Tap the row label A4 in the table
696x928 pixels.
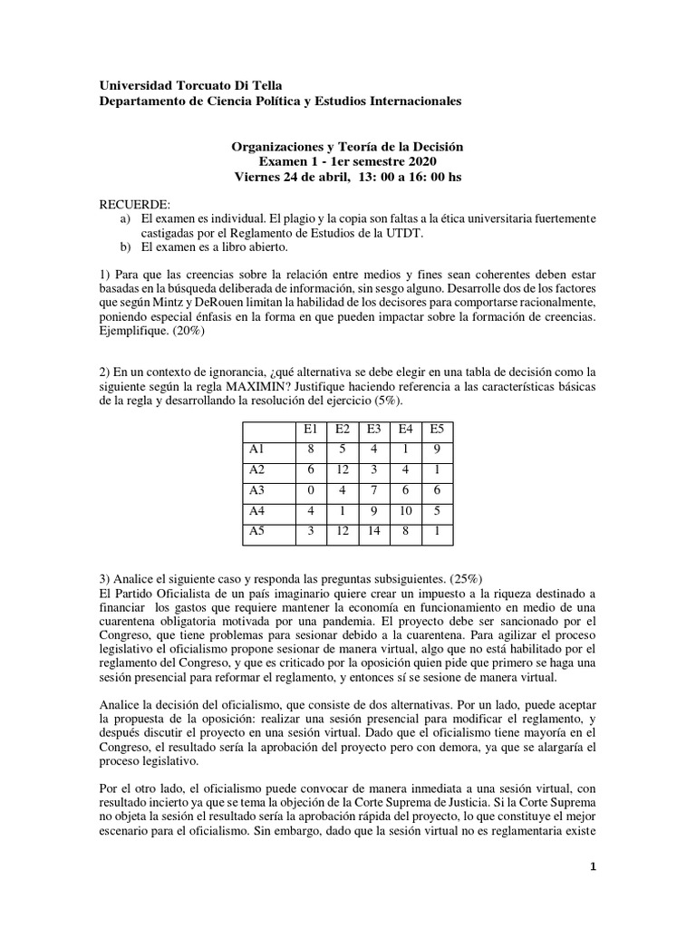[258, 511]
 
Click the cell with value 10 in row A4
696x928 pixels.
[405, 511]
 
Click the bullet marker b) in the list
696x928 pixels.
[124, 247]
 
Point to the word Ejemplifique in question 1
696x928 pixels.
[132, 332]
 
